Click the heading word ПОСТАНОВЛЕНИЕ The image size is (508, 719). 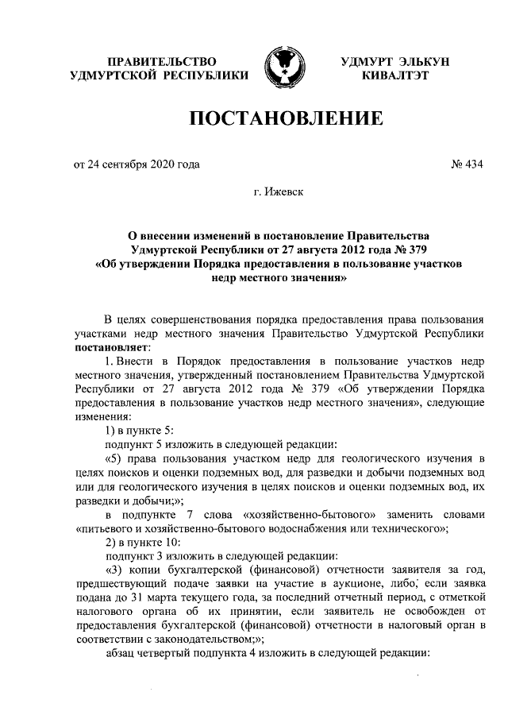pos(285,120)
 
